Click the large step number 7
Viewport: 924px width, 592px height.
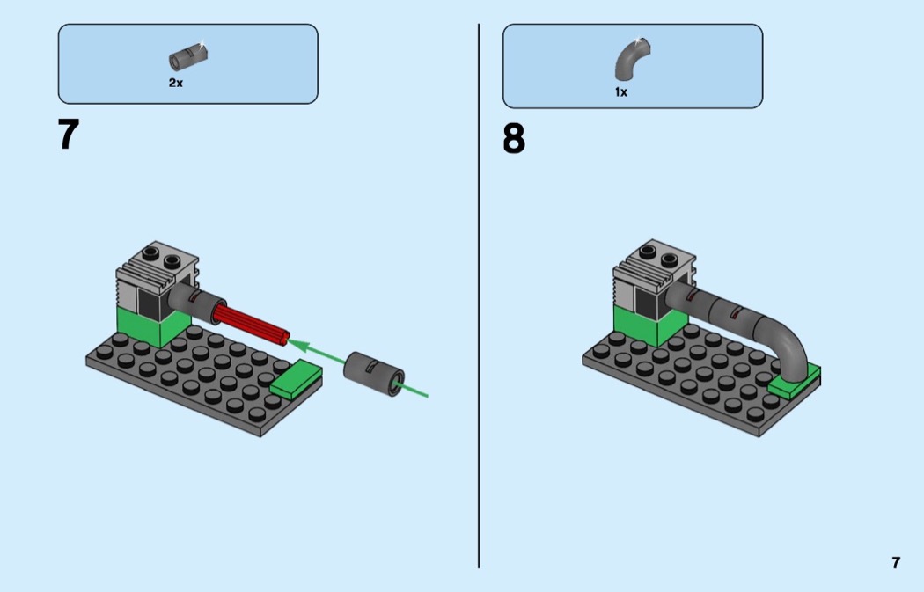69,135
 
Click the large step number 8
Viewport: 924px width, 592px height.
514,139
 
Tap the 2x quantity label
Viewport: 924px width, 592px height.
176,83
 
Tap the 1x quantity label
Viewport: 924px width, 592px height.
621,91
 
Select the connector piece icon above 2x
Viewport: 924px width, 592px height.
187,58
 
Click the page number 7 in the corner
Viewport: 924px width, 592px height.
896,563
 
